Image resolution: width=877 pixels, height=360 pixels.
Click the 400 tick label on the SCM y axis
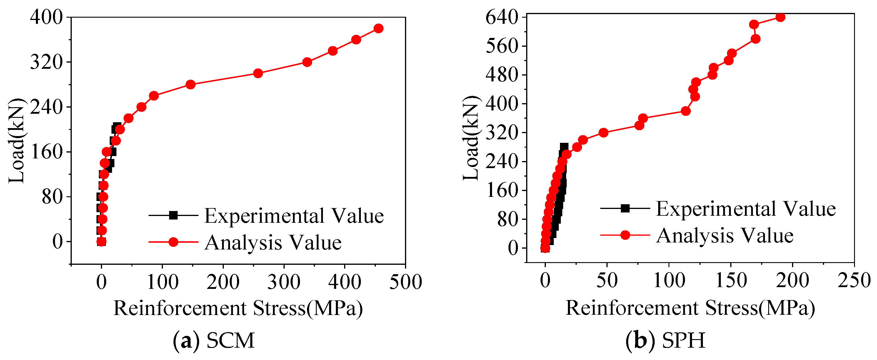pos(47,17)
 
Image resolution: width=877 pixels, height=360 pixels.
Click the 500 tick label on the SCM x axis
pos(406,282)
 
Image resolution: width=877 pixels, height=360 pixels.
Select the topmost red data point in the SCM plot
pos(378,29)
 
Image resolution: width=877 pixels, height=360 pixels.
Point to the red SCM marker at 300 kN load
pos(258,73)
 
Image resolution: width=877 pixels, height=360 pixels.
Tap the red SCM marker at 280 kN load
pos(191,85)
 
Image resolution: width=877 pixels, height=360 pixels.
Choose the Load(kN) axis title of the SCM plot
pos(16,140)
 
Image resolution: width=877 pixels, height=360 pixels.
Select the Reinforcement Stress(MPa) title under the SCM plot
pos(238,308)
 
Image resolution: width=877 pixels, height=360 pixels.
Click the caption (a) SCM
pos(214,340)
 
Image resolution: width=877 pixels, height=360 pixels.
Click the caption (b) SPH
pos(666,340)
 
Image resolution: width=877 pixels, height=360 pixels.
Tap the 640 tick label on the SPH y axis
pos(502,17)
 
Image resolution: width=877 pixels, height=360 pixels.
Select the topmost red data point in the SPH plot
pos(780,17)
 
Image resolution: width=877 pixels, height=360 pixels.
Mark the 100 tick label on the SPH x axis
pos(669,281)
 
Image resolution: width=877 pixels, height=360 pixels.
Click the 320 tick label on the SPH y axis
pos(502,133)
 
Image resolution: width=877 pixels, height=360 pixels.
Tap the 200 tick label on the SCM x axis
pos(223,282)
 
